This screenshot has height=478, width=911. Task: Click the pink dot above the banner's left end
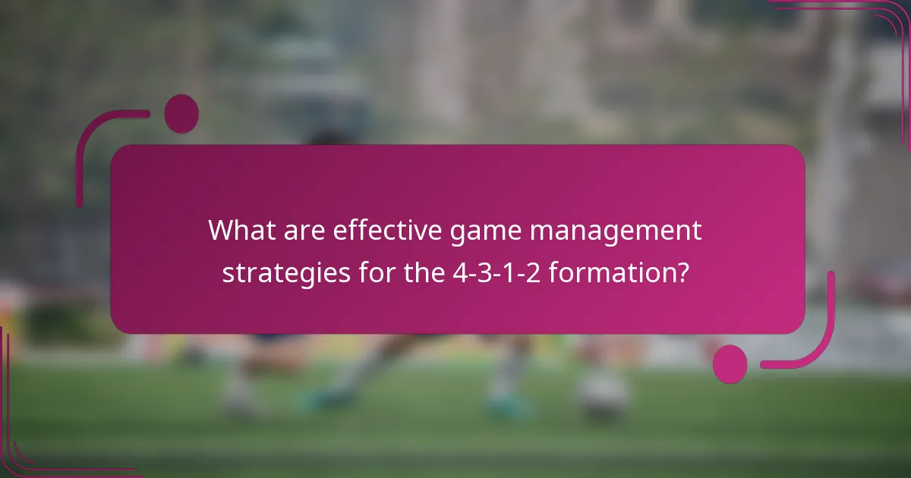click(x=181, y=114)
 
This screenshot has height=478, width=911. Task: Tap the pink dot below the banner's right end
click(x=730, y=363)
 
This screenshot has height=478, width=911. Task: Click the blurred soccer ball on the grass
click(x=603, y=394)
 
